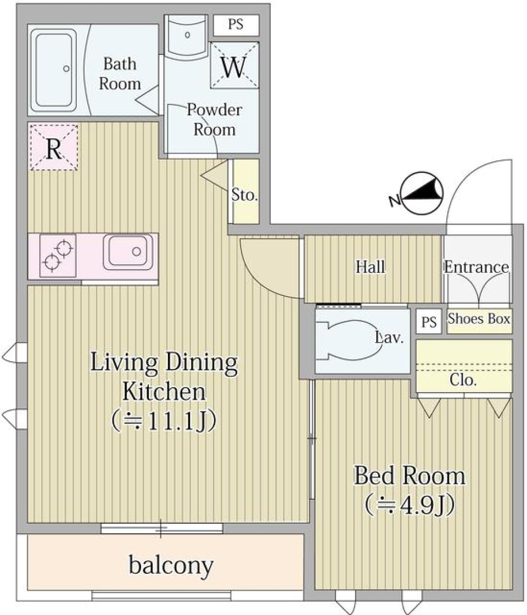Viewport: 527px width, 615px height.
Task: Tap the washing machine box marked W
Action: (234, 66)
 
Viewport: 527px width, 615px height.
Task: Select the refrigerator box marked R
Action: (53, 147)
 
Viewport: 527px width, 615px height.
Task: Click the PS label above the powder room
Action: (236, 25)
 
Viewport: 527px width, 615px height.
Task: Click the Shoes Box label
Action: (479, 318)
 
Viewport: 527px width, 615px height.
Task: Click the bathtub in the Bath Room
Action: (53, 69)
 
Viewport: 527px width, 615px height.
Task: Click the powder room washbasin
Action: (187, 35)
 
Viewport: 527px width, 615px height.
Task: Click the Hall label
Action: (371, 267)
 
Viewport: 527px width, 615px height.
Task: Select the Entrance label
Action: (476, 267)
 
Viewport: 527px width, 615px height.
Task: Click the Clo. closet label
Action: (462, 380)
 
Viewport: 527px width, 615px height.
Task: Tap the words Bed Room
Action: (410, 476)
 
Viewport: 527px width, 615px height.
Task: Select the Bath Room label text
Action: (122, 74)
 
